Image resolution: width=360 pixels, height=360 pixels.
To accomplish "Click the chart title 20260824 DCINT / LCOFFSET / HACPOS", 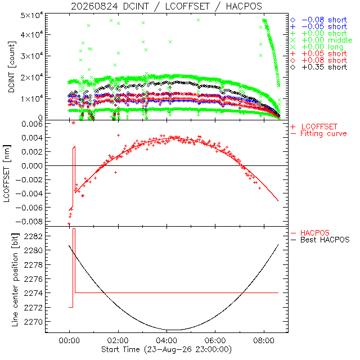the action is click(x=166, y=6).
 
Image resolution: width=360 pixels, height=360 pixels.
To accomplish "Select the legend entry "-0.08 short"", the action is click(x=319, y=20).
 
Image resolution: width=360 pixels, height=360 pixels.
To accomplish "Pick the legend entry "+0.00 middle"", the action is click(x=321, y=40).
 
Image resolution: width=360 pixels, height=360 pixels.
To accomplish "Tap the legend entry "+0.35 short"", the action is click(x=319, y=67).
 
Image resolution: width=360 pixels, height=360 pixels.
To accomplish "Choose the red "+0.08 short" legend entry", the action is click(x=319, y=60).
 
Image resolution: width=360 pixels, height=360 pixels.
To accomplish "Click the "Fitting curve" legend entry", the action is click(x=319, y=133).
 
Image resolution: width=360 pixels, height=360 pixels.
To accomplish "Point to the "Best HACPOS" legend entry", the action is click(x=320, y=240).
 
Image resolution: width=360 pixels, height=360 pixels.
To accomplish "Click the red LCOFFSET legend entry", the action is click(x=314, y=127).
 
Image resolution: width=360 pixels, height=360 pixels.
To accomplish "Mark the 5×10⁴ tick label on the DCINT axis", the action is click(x=31, y=16).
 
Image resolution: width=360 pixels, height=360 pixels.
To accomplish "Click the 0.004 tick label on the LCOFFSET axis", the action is click(x=32, y=138).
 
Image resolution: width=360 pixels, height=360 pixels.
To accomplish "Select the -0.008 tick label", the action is click(x=29, y=222).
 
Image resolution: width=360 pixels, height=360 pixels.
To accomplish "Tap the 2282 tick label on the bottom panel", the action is click(x=33, y=236).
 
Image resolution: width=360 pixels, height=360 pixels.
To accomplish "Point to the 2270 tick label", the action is click(x=33, y=322).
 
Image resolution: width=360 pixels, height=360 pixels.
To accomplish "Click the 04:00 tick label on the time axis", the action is click(x=166, y=340).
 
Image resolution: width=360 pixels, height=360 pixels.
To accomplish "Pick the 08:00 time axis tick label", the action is click(x=264, y=340).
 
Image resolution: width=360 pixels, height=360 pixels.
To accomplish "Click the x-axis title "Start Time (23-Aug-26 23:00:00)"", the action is click(x=166, y=349).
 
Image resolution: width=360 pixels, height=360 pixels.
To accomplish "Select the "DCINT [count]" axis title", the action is click(x=12, y=67).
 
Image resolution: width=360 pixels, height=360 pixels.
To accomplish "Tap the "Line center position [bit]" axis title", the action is click(x=15, y=280).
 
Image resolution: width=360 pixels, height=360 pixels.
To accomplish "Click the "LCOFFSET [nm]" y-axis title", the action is click(x=7, y=174).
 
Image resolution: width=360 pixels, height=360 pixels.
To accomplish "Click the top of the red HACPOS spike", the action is click(x=74, y=229).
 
